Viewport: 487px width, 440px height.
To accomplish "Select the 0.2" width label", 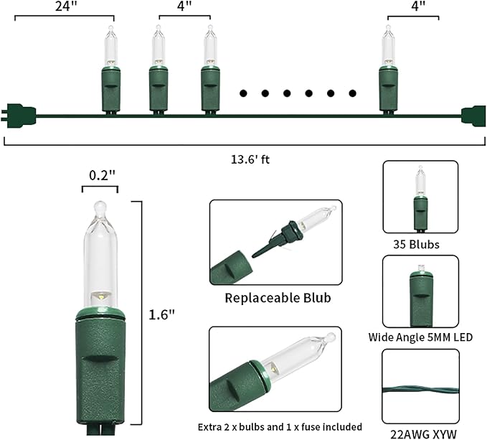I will click(x=101, y=175).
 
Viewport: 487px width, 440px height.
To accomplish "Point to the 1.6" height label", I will click(x=164, y=314).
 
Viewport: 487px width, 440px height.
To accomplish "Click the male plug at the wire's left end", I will click(x=19, y=113).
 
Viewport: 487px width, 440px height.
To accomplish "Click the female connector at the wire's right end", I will click(x=473, y=116).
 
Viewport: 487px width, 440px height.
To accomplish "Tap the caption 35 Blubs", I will click(x=420, y=245).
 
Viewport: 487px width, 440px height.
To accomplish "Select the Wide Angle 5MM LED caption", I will click(x=420, y=337).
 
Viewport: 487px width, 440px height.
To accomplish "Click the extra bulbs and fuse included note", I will click(x=280, y=426).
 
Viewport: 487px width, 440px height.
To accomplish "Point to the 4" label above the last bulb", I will click(x=412, y=6).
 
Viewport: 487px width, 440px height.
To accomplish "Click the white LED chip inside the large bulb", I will click(x=102, y=296).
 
